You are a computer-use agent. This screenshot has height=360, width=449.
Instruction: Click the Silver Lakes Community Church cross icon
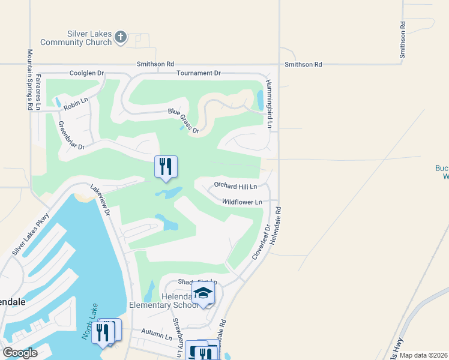120,37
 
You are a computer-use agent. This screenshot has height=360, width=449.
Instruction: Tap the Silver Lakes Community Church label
76,38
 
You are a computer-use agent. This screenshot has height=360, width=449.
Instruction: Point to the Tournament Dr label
199,73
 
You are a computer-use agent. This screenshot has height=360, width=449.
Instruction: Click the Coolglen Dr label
86,73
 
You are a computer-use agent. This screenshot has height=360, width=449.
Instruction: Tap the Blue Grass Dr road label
183,120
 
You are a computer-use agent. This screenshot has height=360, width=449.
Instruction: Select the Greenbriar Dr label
71,136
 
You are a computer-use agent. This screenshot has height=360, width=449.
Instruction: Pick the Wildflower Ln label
242,203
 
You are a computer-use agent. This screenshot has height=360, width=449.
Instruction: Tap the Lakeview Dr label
100,200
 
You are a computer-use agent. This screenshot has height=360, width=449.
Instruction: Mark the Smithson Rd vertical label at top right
403,41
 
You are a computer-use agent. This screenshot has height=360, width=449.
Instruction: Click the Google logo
20,352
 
